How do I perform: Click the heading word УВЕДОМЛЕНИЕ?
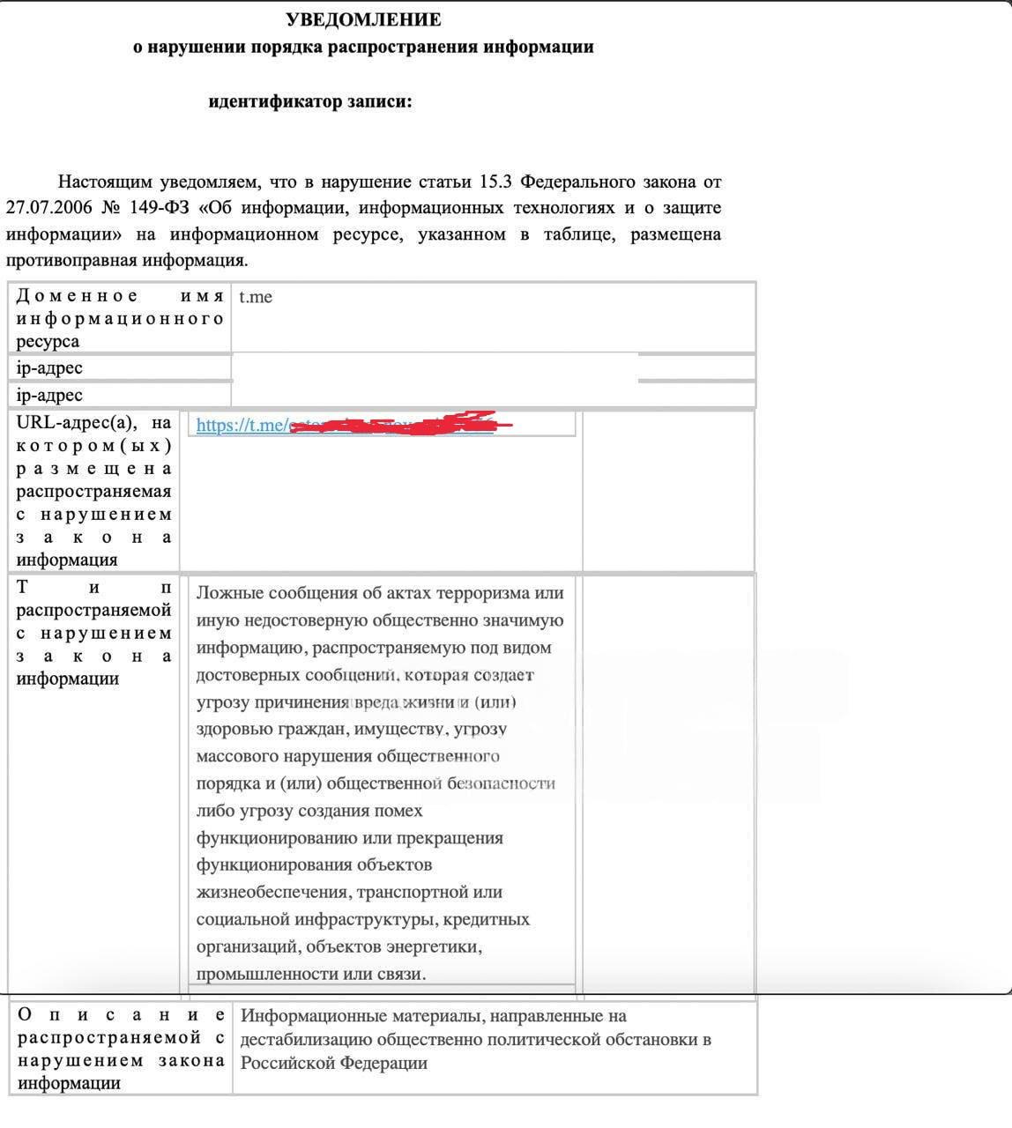click(x=363, y=19)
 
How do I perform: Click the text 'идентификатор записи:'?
click(x=310, y=102)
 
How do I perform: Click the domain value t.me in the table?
click(x=256, y=297)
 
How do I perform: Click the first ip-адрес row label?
click(x=49, y=368)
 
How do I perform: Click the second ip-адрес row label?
click(x=49, y=396)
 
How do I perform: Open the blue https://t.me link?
click(x=240, y=426)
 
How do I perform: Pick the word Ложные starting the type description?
click(x=229, y=593)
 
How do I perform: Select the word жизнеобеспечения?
click(x=273, y=893)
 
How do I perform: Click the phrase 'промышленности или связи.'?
click(x=311, y=975)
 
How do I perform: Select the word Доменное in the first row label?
click(x=78, y=296)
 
